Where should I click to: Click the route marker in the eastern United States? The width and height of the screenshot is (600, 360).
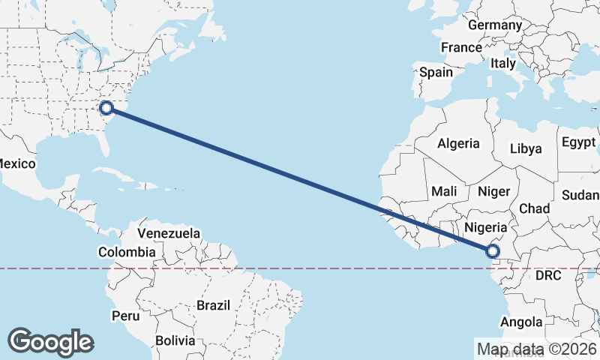click(x=106, y=107)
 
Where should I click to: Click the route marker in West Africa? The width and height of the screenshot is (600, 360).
click(x=493, y=251)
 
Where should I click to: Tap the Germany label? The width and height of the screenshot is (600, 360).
click(x=494, y=25)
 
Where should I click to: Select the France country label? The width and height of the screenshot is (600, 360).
click(x=461, y=47)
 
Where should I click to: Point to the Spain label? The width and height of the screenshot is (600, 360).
click(x=436, y=72)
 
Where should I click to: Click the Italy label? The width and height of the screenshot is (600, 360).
click(x=503, y=64)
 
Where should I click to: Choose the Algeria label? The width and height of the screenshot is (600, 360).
click(x=458, y=143)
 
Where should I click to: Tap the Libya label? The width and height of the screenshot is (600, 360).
click(x=525, y=148)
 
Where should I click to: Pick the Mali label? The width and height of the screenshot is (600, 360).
click(x=444, y=191)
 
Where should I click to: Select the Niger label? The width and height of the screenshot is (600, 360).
click(x=493, y=191)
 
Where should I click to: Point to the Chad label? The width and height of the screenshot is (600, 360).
click(x=534, y=208)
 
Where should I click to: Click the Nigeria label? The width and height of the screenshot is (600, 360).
click(x=487, y=226)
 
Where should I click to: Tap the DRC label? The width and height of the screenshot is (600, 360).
click(x=548, y=276)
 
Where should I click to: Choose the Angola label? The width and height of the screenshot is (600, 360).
click(x=522, y=322)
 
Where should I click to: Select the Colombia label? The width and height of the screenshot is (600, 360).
click(x=127, y=252)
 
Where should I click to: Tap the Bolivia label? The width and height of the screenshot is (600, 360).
click(x=175, y=340)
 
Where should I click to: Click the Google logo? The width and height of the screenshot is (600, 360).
click(x=50, y=342)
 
